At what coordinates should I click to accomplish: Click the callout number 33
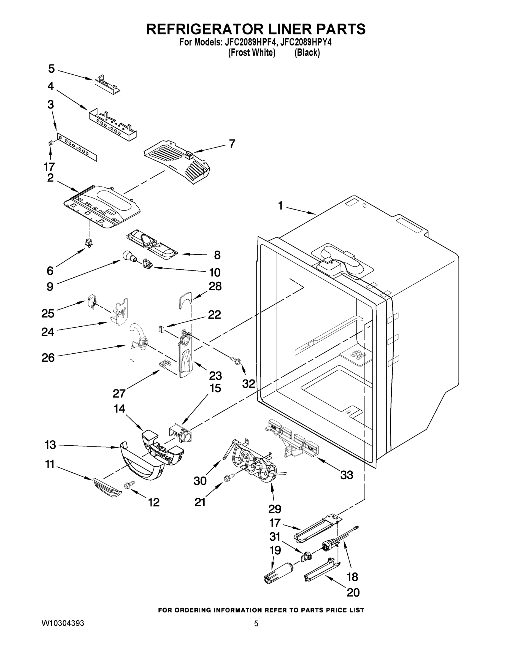pos(346,475)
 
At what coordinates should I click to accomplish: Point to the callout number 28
pos(215,286)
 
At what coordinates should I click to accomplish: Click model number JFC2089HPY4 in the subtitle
pos(306,42)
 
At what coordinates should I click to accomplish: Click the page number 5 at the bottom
pos(256,624)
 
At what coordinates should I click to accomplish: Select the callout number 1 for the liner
pos(280,206)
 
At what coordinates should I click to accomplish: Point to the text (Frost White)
pos(252,53)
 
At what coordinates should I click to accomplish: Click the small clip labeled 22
pos(161,329)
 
